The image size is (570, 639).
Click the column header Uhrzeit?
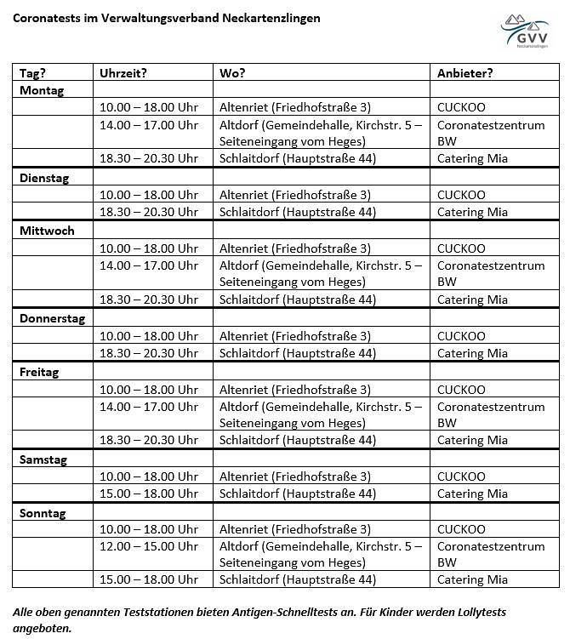point(123,73)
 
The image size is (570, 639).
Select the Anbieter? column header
point(465,73)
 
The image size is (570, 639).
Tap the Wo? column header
point(232,73)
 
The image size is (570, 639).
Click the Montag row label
point(42,90)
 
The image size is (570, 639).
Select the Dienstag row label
point(44,178)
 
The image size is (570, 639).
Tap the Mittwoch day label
point(47,231)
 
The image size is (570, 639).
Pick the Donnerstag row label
point(53,318)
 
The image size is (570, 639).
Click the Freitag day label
point(40,372)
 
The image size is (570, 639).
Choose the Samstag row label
point(43,459)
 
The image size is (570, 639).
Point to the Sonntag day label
point(43,513)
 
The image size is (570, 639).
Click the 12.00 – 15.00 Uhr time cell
point(149,546)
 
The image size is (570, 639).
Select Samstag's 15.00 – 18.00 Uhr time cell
point(149,494)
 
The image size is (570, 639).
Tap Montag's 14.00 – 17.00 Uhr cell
point(149,125)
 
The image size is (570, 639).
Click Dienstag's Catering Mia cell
point(472,212)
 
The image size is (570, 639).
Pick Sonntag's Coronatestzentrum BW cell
point(491,554)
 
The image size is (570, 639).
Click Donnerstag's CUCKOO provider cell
point(461,336)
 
